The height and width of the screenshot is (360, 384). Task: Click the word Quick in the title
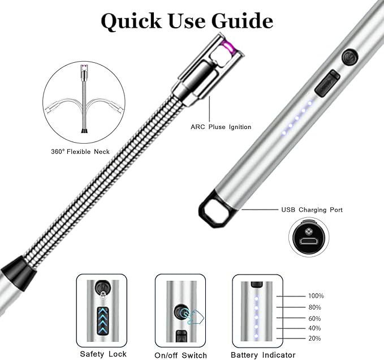(x=131, y=22)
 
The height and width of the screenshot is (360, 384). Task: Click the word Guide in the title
(x=242, y=20)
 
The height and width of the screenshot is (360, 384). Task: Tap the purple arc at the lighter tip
(x=229, y=47)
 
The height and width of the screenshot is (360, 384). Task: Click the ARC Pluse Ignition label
(x=221, y=127)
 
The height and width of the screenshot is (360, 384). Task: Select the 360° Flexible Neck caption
(x=80, y=152)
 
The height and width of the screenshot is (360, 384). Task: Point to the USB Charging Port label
(x=312, y=210)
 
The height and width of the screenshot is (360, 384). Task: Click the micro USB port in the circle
(x=309, y=241)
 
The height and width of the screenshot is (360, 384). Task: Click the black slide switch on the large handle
(x=327, y=83)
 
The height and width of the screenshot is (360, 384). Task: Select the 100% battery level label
(x=316, y=296)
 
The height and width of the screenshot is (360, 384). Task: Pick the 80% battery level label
(x=314, y=307)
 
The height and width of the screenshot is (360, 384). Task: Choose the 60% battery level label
(x=314, y=318)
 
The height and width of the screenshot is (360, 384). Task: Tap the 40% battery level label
(x=314, y=328)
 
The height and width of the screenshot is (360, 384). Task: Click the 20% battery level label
(x=314, y=338)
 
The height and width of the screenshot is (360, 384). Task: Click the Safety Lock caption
(x=103, y=354)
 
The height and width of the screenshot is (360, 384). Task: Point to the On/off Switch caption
(x=181, y=355)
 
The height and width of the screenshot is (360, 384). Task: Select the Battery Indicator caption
(x=263, y=355)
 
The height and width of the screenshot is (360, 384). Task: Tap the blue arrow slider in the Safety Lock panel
(x=103, y=321)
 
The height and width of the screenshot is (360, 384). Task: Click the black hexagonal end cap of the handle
(x=215, y=209)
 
